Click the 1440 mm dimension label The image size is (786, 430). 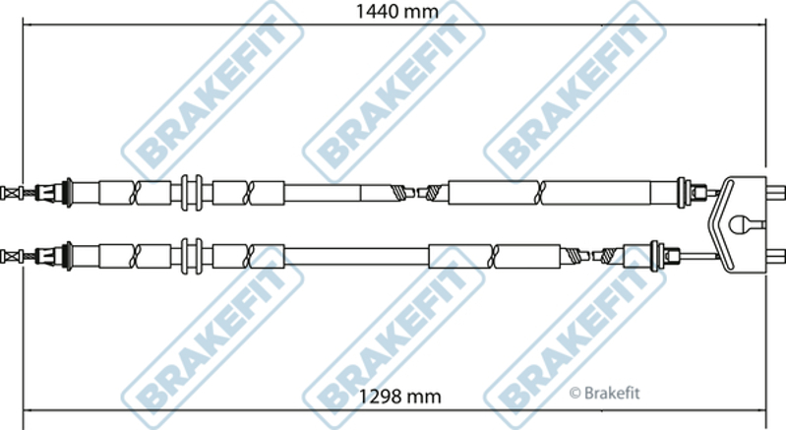point(396,11)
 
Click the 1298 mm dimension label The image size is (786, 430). point(400,397)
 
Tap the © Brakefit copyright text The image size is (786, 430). point(605,394)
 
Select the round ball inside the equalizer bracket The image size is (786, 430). point(740,224)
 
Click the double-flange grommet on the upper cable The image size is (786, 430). point(192,193)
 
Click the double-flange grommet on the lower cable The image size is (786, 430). point(192,256)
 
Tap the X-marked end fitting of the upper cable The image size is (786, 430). point(11,193)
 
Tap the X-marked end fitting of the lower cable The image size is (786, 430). point(11,257)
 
